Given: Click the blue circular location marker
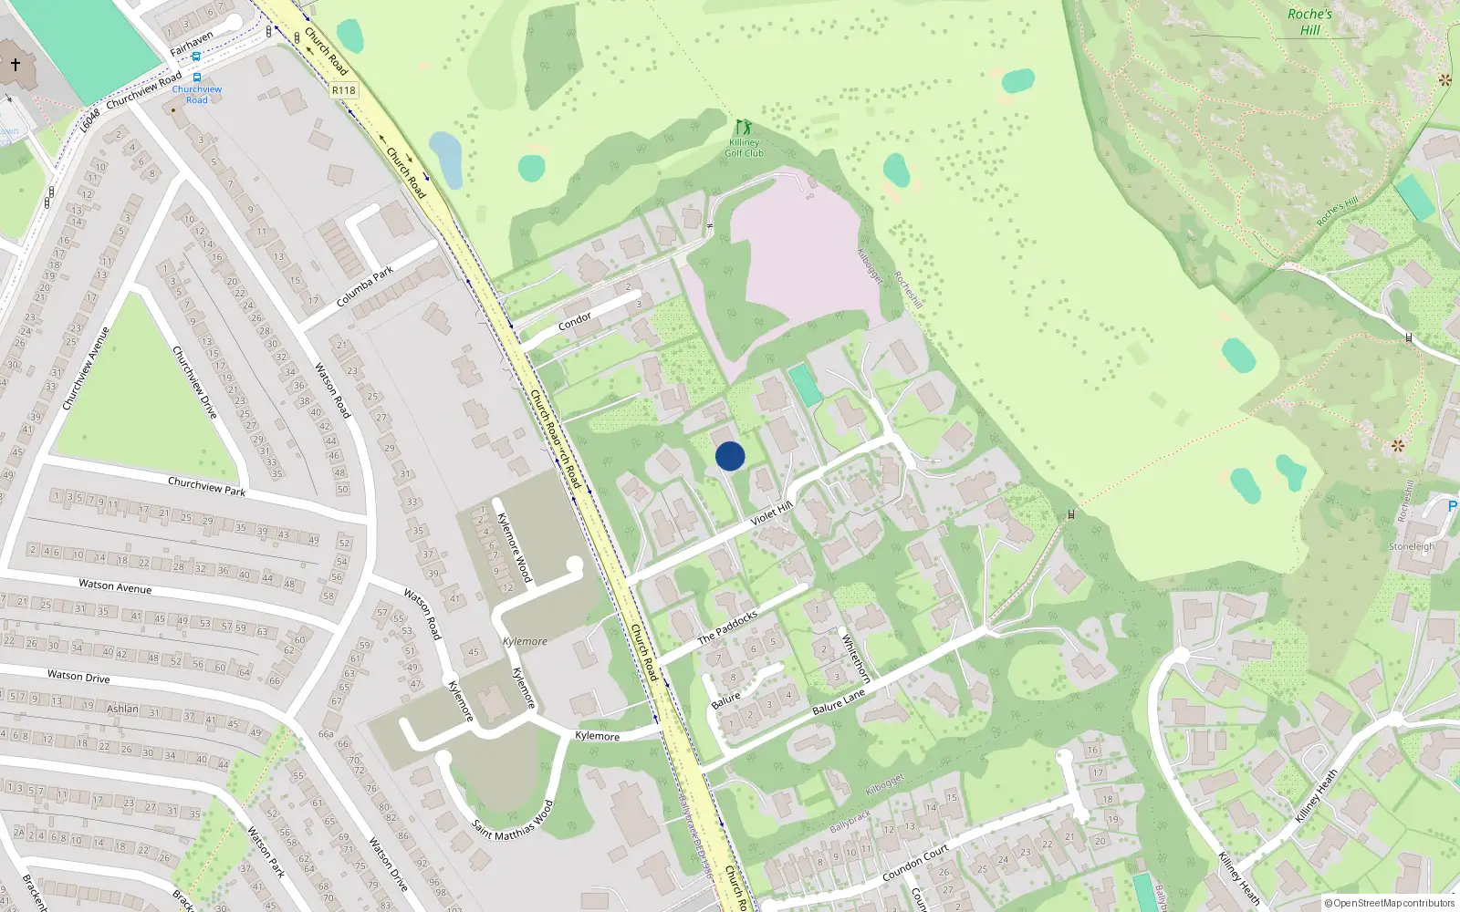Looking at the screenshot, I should point(730,456).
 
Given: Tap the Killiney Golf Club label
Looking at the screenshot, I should point(744,148).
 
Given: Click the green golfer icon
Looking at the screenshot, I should point(744,127).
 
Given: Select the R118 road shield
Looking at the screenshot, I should point(344,90).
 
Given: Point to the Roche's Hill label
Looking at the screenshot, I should point(1309,22).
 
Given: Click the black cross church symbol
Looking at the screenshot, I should point(16,65).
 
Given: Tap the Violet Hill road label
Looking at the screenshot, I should point(771,513).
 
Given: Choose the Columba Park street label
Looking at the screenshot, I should point(365,286).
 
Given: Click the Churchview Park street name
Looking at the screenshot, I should point(206,486).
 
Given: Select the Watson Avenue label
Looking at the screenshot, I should point(115,586).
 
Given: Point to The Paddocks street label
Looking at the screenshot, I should point(727,627).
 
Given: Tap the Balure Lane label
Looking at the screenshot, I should point(838,701).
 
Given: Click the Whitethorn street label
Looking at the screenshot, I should point(855,658).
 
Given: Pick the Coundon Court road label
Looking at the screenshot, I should point(915,863).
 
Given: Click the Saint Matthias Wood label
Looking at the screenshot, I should point(513,821).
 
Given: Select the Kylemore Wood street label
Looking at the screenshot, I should point(514,547).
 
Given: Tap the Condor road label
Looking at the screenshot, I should point(575,321).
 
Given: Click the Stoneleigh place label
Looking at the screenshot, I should point(1412,546).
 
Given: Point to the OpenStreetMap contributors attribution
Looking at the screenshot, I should point(1389,903).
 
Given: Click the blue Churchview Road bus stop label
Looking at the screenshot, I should point(197,94).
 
